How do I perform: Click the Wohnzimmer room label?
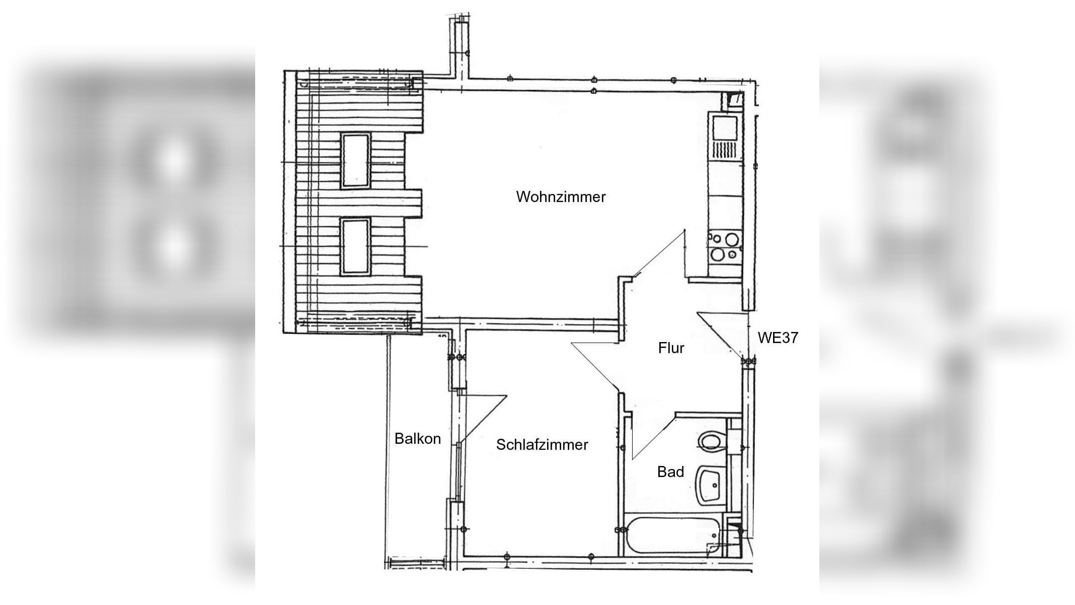point(561,197)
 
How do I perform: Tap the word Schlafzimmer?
point(542,445)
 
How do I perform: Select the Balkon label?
point(418,439)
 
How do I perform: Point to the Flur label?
point(671,348)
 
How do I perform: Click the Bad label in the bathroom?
point(670,472)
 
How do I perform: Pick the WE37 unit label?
point(778,338)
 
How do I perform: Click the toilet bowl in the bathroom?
point(710,442)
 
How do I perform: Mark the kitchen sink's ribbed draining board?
point(725,150)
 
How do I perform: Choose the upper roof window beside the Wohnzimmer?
point(356,160)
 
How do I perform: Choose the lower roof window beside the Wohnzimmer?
point(356,246)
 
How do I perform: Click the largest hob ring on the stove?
point(731,238)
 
